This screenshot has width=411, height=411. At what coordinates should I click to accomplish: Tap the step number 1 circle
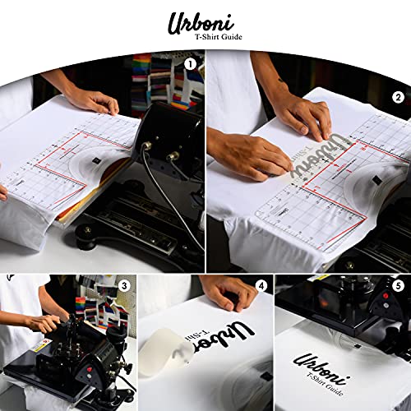(191, 63)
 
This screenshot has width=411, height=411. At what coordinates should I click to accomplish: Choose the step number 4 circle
(261, 287)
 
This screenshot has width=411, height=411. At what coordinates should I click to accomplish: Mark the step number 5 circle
(398, 287)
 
